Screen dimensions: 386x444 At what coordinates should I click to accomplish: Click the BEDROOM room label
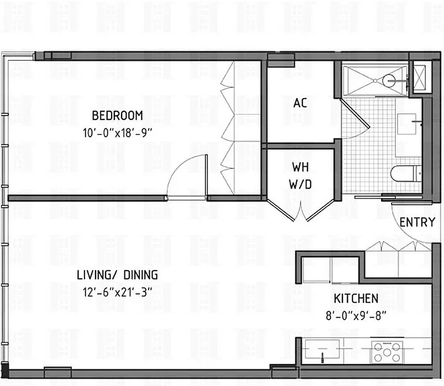click(117, 116)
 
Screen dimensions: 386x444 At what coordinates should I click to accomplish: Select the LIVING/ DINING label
click(117, 275)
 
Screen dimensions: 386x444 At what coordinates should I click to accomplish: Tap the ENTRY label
click(417, 222)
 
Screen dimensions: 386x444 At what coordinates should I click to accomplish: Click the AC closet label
click(300, 103)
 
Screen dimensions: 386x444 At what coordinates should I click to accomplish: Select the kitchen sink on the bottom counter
click(322, 350)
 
